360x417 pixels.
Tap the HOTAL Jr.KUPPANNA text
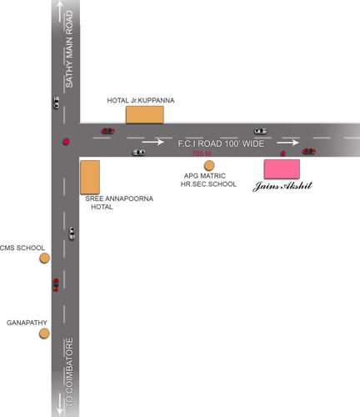pos(141,101)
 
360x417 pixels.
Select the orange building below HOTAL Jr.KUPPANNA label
pos(144,114)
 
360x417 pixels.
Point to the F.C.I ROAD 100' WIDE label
pos(221,144)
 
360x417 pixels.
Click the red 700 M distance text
pos(201,154)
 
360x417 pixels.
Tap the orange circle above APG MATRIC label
pos(209,165)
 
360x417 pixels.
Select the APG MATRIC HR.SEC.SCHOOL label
pos(208,179)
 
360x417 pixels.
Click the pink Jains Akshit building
pos(282,168)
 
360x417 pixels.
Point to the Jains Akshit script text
pos(282,187)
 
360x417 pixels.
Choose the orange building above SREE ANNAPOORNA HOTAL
pos(90,177)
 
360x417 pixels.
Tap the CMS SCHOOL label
pos(22,248)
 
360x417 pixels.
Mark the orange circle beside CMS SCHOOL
pos(45,258)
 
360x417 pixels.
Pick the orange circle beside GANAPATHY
pos(45,334)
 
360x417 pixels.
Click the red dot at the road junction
pos(65,141)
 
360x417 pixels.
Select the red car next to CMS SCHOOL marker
pos(56,284)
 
